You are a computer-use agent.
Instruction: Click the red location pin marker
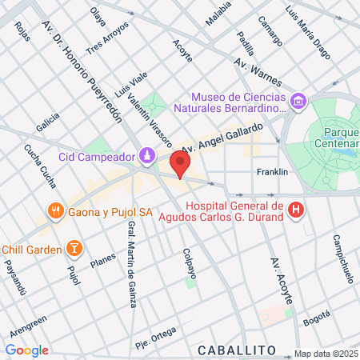pyautogui.click(x=181, y=164)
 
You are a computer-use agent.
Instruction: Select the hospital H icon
pyautogui.click(x=296, y=210)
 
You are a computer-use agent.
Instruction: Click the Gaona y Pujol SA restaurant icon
pyautogui.click(x=54, y=212)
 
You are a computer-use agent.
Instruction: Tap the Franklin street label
pyautogui.click(x=266, y=172)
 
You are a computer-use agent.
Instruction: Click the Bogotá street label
pyautogui.click(x=316, y=316)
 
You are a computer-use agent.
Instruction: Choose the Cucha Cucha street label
pyautogui.click(x=40, y=166)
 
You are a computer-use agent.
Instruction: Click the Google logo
pyautogui.click(x=26, y=350)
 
